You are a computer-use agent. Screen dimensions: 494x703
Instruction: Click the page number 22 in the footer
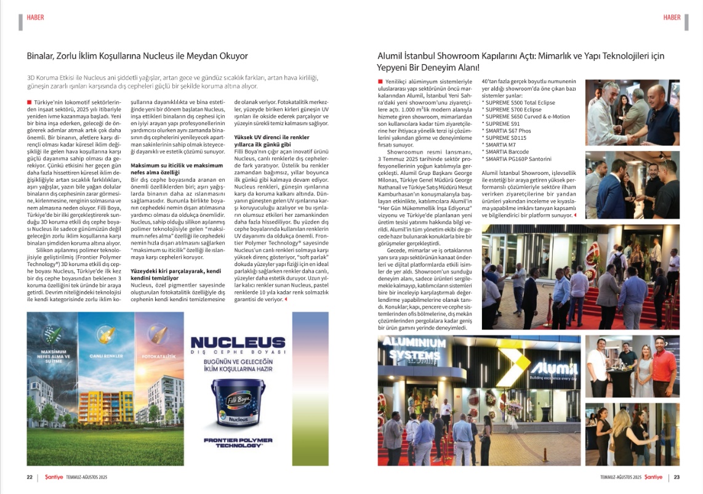click(29, 477)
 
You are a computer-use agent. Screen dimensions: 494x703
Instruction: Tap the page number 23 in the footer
click(677, 477)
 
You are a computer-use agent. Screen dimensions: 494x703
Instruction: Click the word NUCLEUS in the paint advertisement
click(238, 343)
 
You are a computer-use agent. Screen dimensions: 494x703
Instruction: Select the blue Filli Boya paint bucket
click(238, 402)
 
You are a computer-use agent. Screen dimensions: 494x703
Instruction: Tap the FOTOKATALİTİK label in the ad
click(158, 357)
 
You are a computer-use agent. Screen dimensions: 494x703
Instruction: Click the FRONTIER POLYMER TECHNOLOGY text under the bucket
click(238, 442)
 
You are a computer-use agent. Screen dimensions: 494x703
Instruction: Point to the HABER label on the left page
click(35, 17)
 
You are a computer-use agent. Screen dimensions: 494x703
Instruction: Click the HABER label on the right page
click(672, 17)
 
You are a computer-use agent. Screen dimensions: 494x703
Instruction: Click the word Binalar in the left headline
click(41, 56)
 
